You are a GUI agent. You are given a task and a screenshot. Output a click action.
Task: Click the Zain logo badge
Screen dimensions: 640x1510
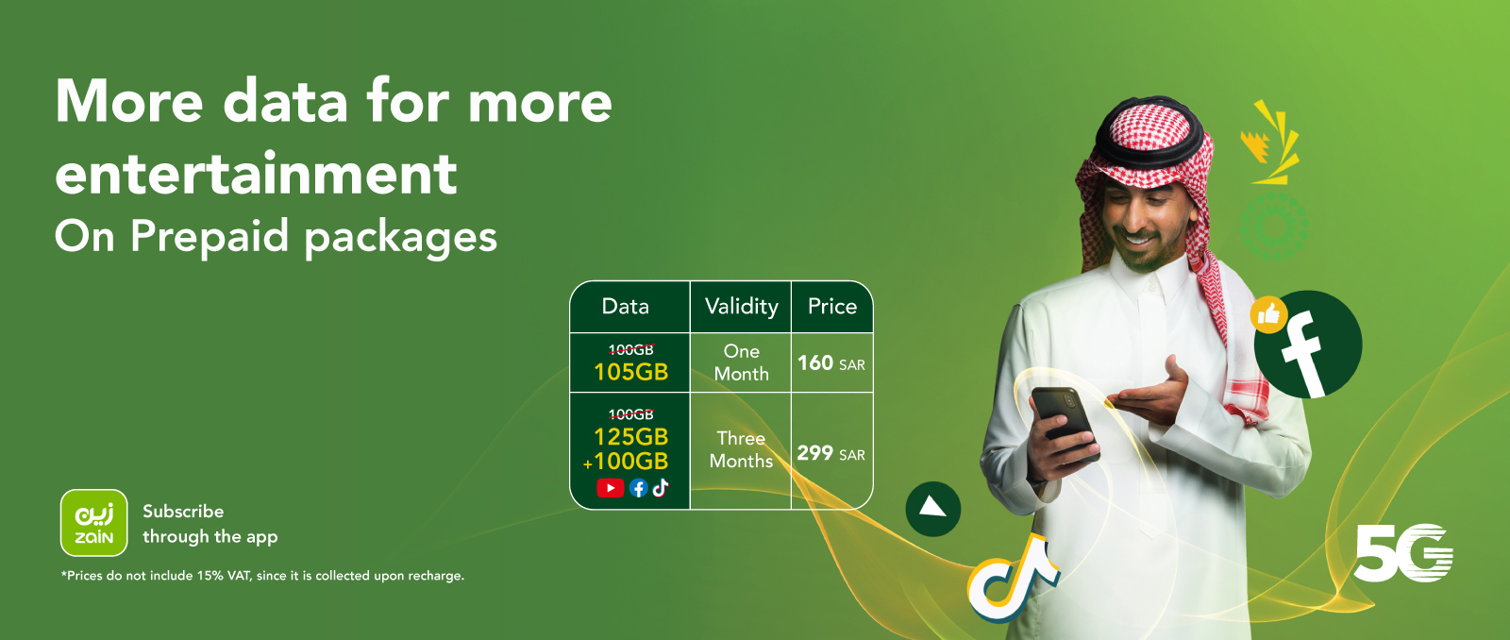point(93,522)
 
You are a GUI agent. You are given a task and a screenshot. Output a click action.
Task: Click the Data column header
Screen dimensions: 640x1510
point(626,307)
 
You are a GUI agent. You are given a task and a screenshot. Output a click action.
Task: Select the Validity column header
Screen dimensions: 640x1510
point(742,307)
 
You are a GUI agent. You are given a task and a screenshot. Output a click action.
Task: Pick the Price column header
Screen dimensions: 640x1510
point(832,307)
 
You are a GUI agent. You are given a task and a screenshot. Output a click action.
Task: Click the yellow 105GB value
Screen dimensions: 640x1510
point(630,372)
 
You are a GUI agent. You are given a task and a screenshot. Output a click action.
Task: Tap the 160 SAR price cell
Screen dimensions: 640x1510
point(830,363)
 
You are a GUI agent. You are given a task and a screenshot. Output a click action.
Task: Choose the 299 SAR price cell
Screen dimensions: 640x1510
point(830,453)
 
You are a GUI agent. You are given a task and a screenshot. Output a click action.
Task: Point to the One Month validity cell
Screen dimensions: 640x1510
point(742,362)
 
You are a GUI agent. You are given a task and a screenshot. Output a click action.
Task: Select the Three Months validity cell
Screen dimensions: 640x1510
point(742,449)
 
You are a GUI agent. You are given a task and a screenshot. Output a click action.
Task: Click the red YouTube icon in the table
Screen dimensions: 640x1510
point(610,488)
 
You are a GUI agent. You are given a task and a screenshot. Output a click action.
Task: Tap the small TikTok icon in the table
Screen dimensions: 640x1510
point(661,487)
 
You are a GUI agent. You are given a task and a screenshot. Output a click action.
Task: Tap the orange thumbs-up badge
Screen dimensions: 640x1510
point(1268,314)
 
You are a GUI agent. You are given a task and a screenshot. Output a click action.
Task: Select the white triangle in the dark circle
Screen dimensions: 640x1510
point(932,508)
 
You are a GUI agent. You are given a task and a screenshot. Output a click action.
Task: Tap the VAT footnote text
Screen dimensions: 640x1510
point(263,576)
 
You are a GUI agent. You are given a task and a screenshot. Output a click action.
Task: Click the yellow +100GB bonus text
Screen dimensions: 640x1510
point(626,462)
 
